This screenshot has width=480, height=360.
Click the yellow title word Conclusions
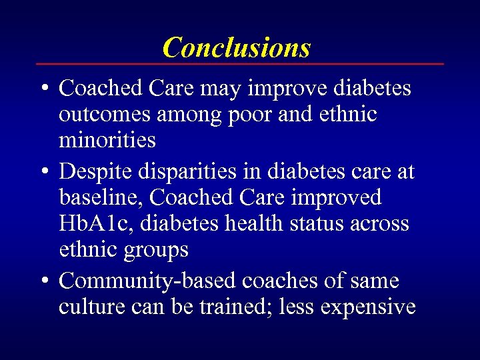pos(237,47)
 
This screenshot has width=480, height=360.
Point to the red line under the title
pos(239,64)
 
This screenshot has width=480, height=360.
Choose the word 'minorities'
pos(107,141)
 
